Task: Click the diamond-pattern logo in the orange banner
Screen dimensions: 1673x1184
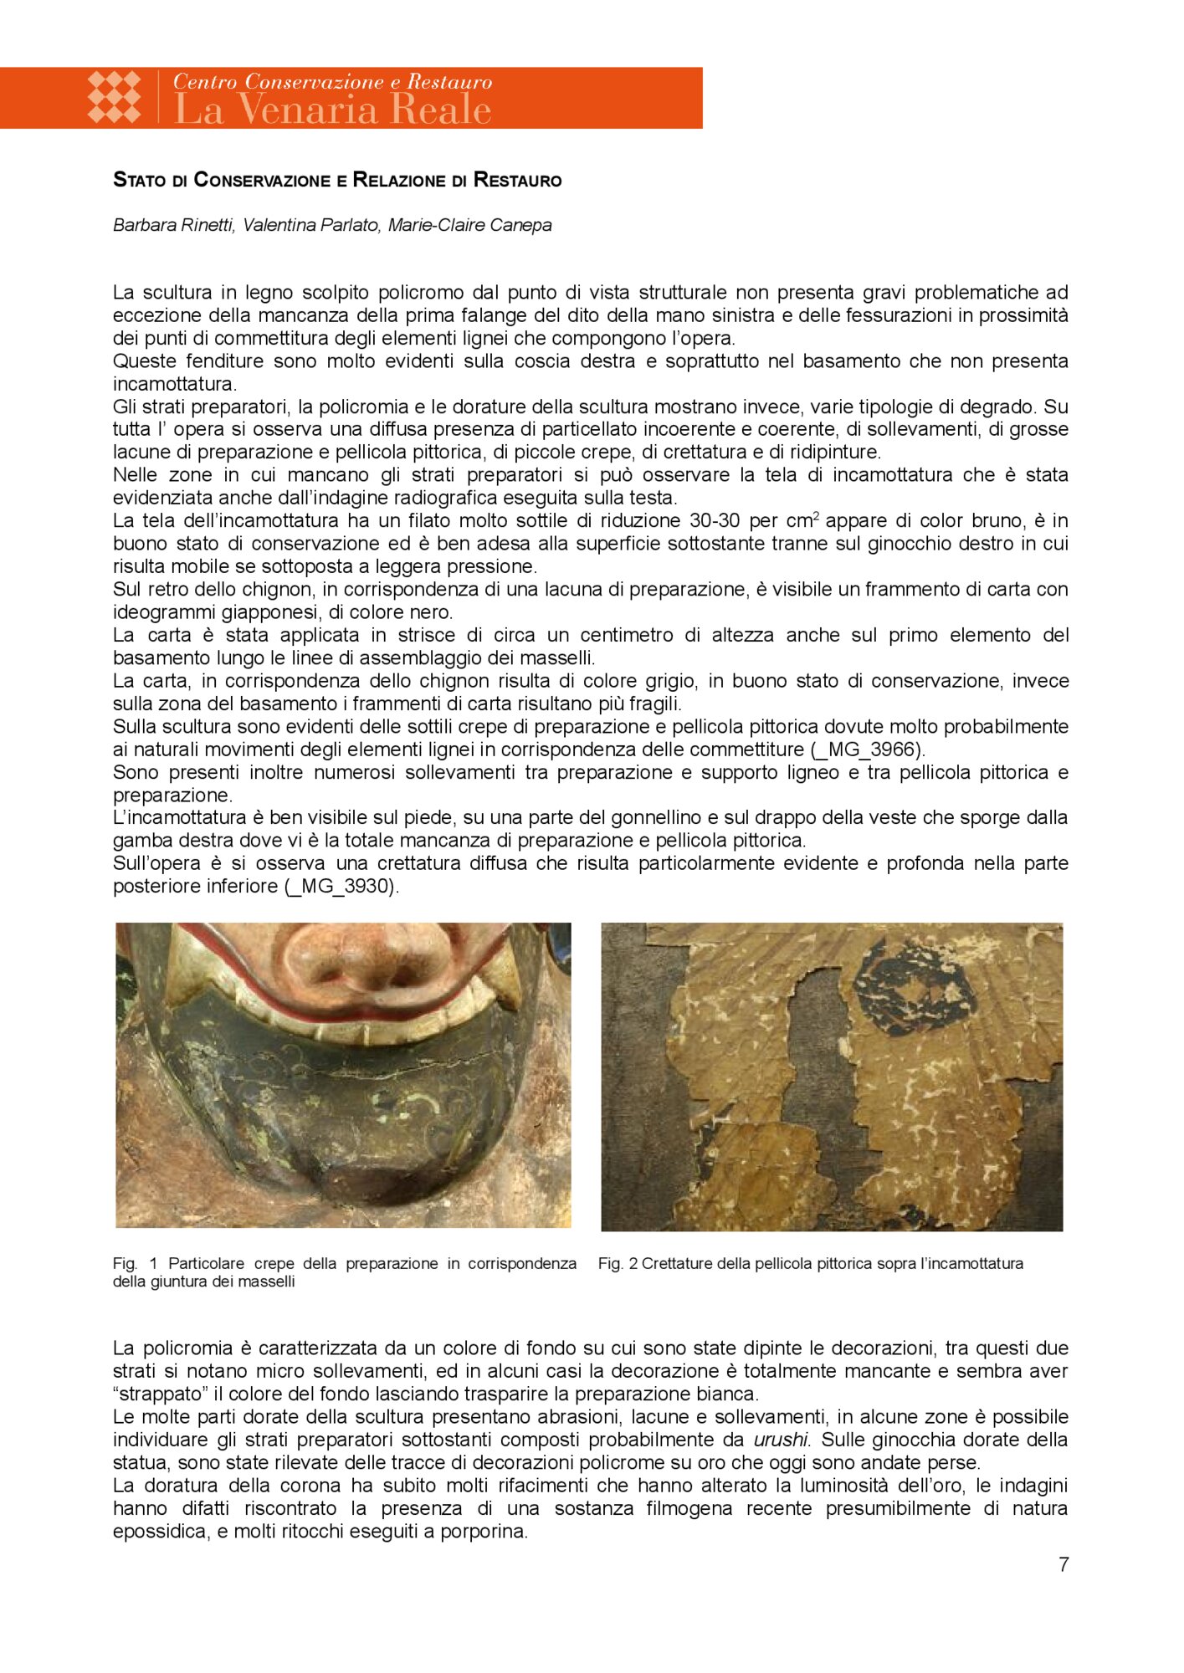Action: point(115,97)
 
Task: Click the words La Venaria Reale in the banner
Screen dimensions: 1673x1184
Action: point(332,110)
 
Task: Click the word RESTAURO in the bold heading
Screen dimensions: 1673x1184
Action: point(517,180)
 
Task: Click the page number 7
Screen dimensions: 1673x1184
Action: point(1063,1564)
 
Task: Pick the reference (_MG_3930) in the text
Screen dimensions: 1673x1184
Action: point(341,886)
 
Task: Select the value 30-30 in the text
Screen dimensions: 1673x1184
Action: point(715,520)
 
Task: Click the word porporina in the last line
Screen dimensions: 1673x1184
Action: point(484,1532)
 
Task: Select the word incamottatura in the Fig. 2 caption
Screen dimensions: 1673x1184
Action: point(971,1263)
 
